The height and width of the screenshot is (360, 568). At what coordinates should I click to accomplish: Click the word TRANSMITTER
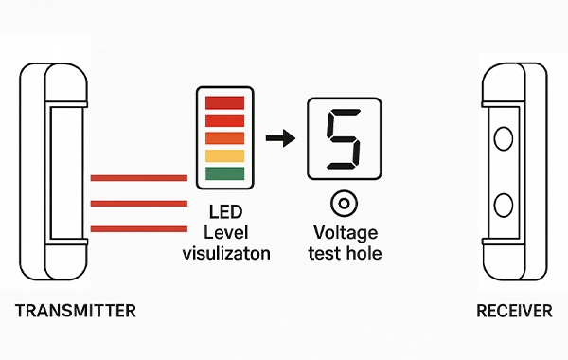(x=75, y=311)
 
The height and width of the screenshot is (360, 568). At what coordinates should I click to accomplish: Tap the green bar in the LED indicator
(x=225, y=173)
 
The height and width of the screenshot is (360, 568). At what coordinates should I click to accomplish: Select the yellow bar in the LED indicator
(x=225, y=155)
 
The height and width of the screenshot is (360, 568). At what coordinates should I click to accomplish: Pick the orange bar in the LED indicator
(x=225, y=138)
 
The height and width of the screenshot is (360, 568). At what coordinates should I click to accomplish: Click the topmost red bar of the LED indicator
(x=225, y=101)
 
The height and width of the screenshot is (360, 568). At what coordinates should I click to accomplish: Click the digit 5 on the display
(x=342, y=139)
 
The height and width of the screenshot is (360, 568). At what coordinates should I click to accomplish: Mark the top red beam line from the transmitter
(x=138, y=178)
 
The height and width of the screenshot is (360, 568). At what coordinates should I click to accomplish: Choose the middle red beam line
(x=138, y=203)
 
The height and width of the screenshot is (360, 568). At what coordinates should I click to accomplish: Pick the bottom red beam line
(x=138, y=227)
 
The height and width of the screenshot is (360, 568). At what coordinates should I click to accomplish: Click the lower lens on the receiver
(x=504, y=205)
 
